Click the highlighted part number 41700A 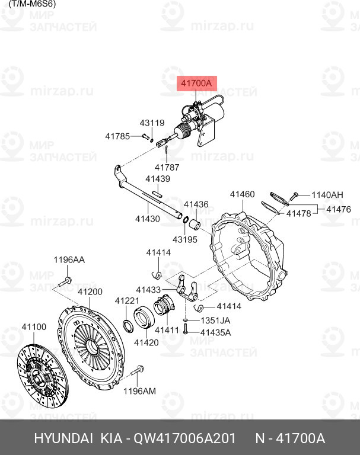pyautogui.click(x=196, y=84)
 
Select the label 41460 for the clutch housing pyautogui.click(x=242, y=194)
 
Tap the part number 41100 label pyautogui.click(x=34, y=327)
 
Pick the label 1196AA pyautogui.click(x=69, y=260)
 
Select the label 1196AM pyautogui.click(x=139, y=390)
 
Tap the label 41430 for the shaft pyautogui.click(x=147, y=219)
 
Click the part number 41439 pyautogui.click(x=158, y=179)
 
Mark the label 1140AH pyautogui.click(x=327, y=195)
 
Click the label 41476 pyautogui.click(x=339, y=209)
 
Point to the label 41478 pyautogui.click(x=298, y=213)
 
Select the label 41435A pyautogui.click(x=215, y=332)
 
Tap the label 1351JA pyautogui.click(x=215, y=321)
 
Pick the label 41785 pyautogui.click(x=117, y=136)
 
